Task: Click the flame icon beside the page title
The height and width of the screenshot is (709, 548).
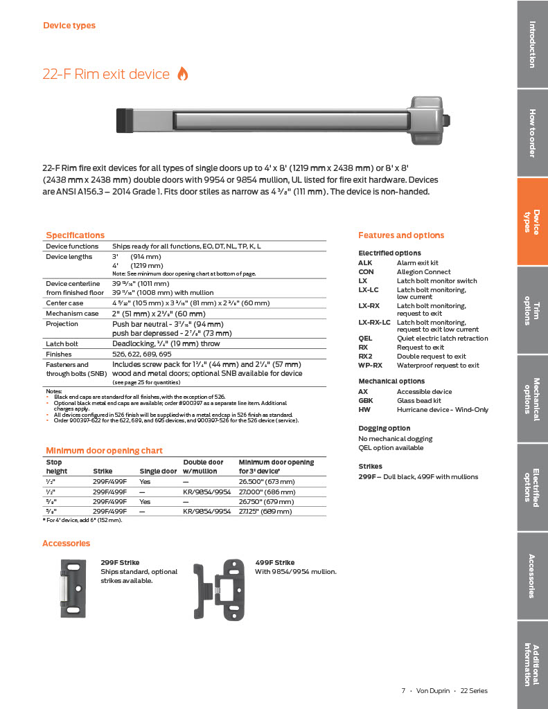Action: [x=183, y=74]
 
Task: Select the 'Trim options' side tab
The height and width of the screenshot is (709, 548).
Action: [x=531, y=309]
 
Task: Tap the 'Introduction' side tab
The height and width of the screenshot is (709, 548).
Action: [x=531, y=44]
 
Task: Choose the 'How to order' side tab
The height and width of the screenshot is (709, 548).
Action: [x=531, y=133]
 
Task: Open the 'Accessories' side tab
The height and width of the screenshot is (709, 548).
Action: [x=531, y=575]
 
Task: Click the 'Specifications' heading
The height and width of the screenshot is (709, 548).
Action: [x=75, y=235]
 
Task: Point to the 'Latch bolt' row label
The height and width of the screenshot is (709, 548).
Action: [x=62, y=343]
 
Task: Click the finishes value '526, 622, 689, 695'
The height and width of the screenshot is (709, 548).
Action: [x=141, y=354]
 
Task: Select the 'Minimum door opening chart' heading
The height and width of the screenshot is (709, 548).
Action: [x=104, y=450]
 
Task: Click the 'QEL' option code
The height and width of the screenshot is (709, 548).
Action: [x=365, y=339]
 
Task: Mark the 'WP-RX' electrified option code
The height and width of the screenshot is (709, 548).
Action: [x=370, y=365]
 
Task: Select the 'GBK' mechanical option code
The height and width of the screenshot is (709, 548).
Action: [x=366, y=400]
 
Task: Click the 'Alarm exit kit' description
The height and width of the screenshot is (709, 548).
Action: [x=417, y=263]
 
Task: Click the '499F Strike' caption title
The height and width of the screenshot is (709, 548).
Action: [x=274, y=562]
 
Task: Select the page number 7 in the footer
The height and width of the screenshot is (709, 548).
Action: [x=403, y=690]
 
